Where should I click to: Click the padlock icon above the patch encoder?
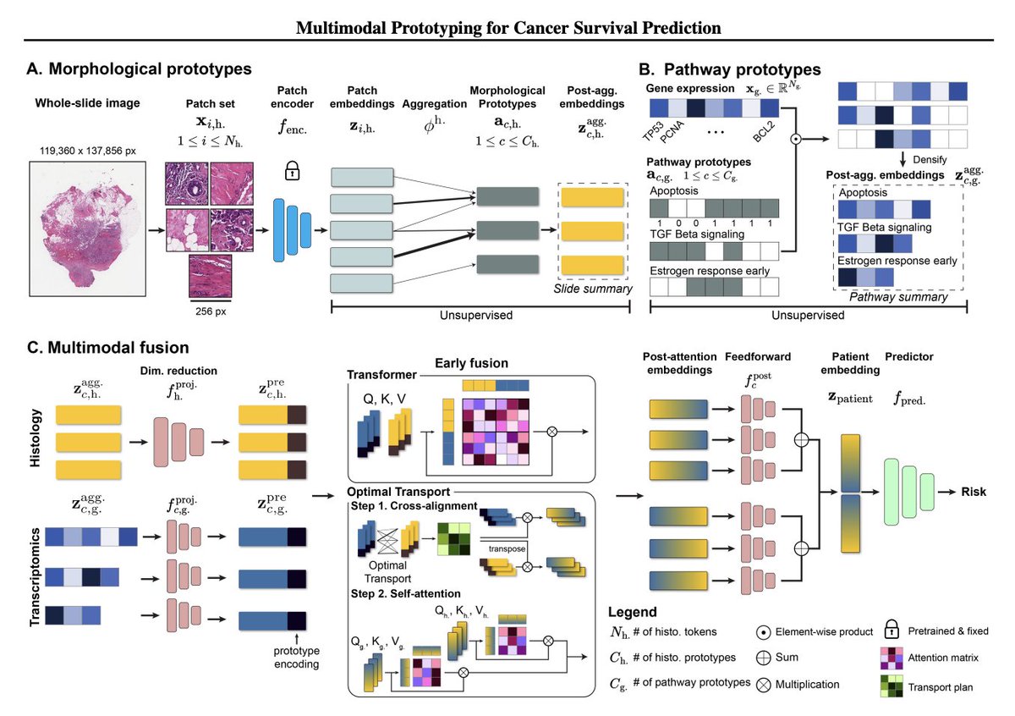(x=292, y=170)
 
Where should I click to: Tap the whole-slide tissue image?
(x=87, y=229)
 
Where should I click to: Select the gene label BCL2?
(x=764, y=131)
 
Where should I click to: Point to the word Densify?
(x=930, y=160)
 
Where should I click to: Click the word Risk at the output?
(x=974, y=492)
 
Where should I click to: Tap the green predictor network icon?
(x=908, y=492)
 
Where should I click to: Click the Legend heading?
(x=632, y=612)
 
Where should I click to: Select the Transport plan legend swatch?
(x=892, y=686)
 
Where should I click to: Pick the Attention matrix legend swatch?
(x=892, y=658)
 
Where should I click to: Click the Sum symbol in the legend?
(x=764, y=658)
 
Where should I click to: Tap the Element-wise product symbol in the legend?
(x=764, y=631)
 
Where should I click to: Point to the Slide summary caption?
(x=593, y=289)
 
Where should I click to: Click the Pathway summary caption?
(x=898, y=297)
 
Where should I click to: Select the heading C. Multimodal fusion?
(x=108, y=347)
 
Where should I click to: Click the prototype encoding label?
(x=296, y=657)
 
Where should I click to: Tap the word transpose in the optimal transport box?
(x=507, y=548)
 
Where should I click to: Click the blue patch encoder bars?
(x=293, y=230)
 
